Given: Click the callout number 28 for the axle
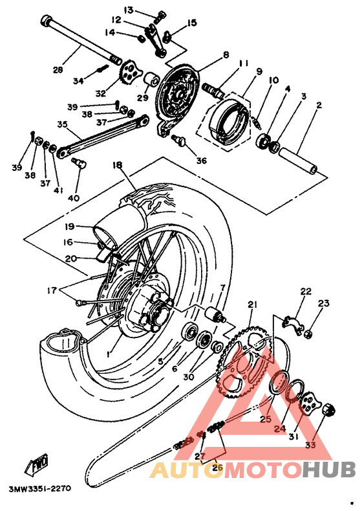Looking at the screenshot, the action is click(x=59, y=70).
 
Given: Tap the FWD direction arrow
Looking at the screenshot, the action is click(x=37, y=463).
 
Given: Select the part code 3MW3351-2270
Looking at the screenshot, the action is click(x=40, y=489).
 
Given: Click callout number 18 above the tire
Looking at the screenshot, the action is click(x=118, y=165).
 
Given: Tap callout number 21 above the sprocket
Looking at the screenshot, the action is click(x=252, y=304).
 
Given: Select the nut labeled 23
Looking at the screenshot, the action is click(x=308, y=333).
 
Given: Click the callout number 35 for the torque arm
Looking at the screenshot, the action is click(x=62, y=124).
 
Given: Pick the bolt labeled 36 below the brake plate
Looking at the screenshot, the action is click(x=180, y=141).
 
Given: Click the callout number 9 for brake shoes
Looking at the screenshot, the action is click(x=259, y=71).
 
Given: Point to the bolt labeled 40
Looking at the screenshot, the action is click(x=80, y=163).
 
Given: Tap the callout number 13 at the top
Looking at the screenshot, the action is click(x=129, y=10).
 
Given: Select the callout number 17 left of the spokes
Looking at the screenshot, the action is click(x=52, y=290).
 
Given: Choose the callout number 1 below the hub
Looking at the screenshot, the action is click(x=109, y=353).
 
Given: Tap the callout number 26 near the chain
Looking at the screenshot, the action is click(x=217, y=468).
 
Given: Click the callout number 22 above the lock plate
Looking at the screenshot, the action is click(x=306, y=291).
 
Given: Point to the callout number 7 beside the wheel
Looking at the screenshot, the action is click(x=222, y=288).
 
